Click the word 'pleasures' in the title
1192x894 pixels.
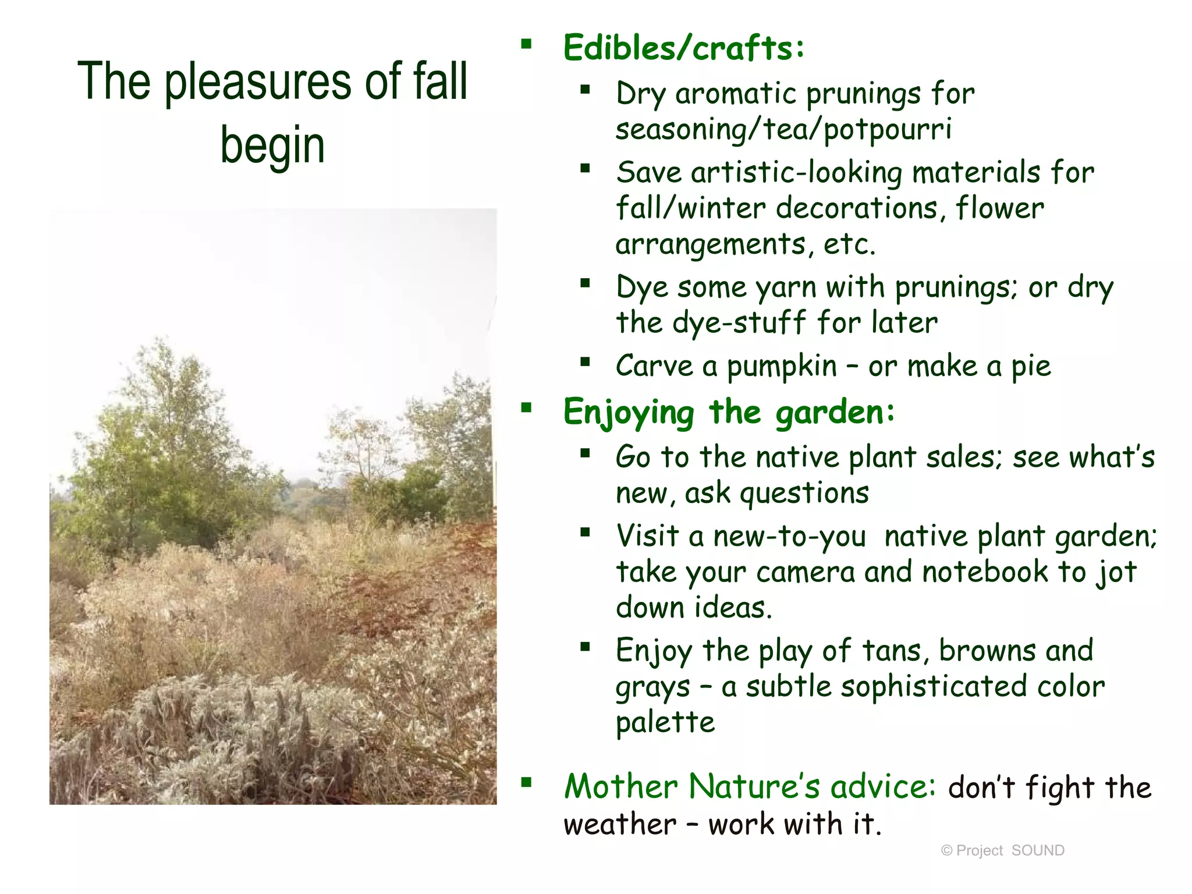coord(258,83)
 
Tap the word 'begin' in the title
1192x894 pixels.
coord(272,146)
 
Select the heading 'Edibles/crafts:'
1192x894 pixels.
coord(683,48)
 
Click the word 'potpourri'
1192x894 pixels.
coord(888,129)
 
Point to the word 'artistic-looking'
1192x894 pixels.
coord(797,173)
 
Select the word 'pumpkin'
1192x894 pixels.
coord(782,367)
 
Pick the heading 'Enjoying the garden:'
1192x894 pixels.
coord(728,412)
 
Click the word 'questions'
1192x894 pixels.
coord(804,494)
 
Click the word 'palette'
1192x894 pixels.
coord(665,722)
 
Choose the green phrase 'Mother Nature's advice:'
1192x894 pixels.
coord(750,786)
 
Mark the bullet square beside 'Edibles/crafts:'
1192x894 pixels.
coord(527,44)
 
